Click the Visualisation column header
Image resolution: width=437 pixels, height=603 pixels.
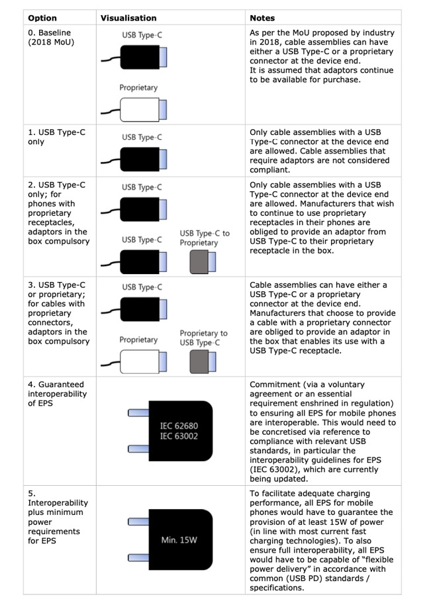128,18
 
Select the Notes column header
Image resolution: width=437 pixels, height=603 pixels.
262,18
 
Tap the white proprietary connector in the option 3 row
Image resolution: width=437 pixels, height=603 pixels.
138,362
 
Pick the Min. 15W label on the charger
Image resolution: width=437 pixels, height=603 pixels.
179,539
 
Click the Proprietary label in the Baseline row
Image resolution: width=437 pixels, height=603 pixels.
138,87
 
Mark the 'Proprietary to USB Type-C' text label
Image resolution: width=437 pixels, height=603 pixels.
203,338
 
